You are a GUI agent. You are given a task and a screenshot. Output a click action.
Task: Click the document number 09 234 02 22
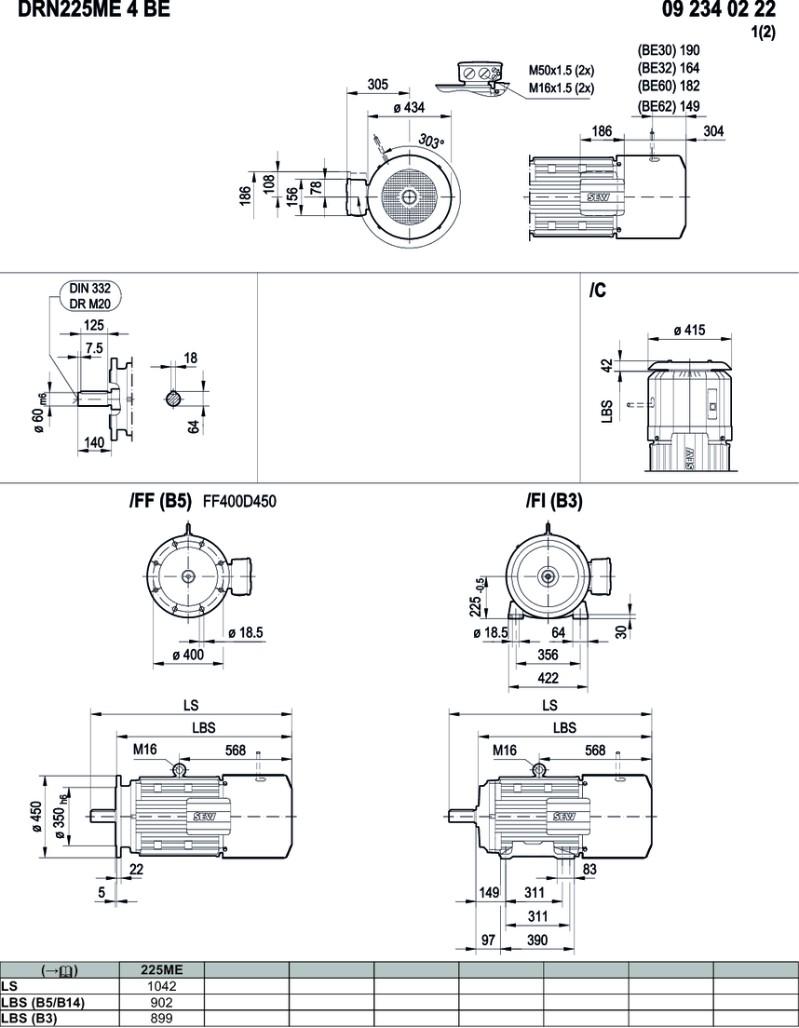point(719,10)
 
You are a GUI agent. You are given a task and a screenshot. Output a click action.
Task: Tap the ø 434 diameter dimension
point(402,108)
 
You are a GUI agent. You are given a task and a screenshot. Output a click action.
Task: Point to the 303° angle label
point(431,142)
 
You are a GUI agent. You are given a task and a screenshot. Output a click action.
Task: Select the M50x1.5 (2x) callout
point(562,70)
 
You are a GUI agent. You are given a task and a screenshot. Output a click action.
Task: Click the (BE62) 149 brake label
point(669,106)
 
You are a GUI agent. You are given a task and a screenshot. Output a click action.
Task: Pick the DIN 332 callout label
point(89,289)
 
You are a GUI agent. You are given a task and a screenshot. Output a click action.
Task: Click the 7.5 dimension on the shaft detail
point(93,347)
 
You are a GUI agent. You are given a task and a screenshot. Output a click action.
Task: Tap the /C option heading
point(598,291)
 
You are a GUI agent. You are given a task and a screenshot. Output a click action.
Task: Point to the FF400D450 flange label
point(239,502)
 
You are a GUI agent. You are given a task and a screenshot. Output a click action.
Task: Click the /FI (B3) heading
point(554,501)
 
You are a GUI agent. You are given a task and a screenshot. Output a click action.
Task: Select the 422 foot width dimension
point(548,678)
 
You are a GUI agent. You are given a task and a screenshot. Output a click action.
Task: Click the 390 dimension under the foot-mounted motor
point(538,940)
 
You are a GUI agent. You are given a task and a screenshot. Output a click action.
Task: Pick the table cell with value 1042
point(162,986)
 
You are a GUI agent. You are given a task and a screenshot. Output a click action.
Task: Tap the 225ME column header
point(162,970)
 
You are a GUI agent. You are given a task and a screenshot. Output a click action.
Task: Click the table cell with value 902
point(162,1002)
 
